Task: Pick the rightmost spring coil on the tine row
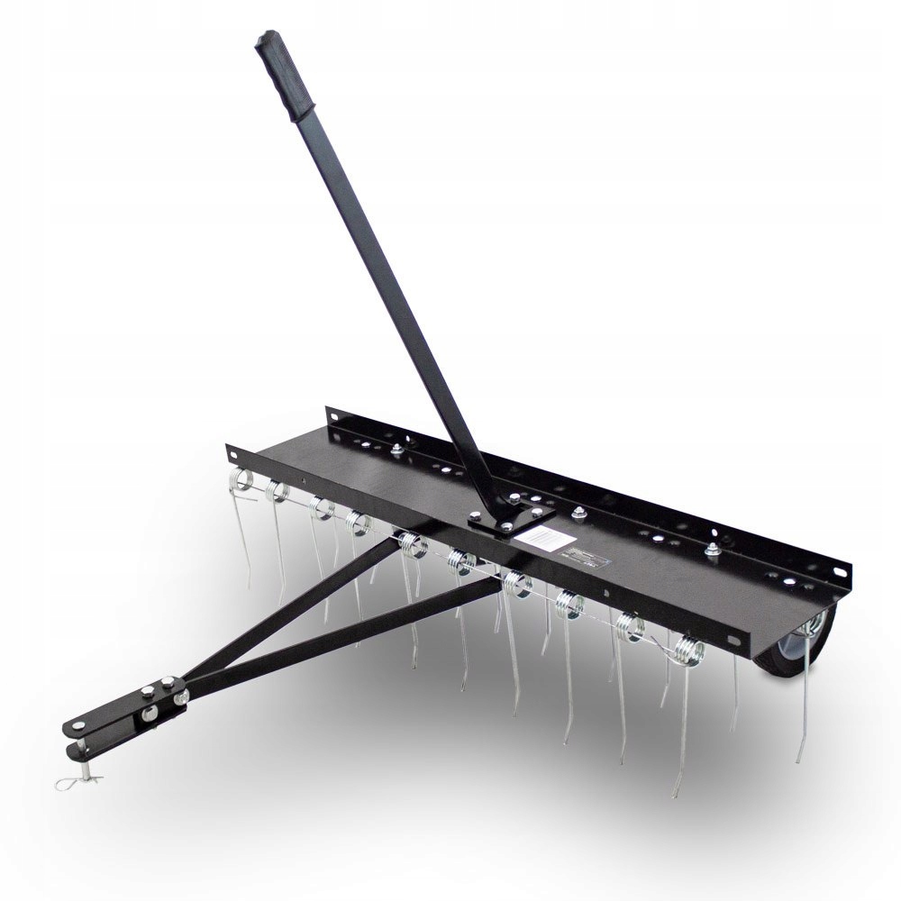coord(687,646)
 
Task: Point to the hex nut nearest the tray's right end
coord(713,551)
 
